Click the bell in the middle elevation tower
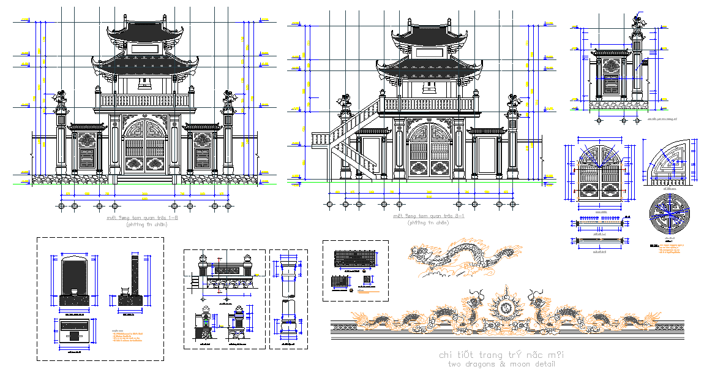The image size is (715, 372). click(x=429, y=88)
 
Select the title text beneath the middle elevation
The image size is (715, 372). click(x=429, y=216)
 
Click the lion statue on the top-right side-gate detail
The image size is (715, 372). click(x=640, y=22)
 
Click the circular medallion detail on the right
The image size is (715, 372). click(x=672, y=213)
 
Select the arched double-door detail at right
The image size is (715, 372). click(x=600, y=175)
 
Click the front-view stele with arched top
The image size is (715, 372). click(x=75, y=279)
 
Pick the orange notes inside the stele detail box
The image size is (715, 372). click(x=125, y=338)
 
